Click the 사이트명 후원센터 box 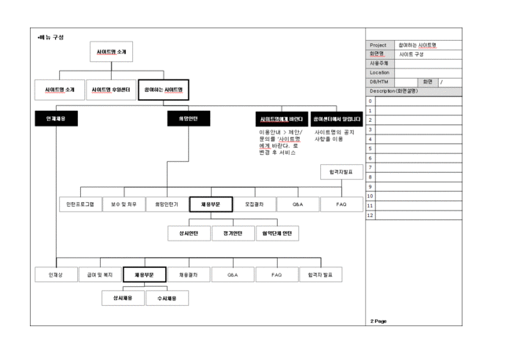[x=110, y=90]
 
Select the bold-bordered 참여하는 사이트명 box [x=163, y=90]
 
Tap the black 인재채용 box [x=56, y=119]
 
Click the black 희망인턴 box [x=189, y=119]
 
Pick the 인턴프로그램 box [x=78, y=204]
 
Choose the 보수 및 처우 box [x=123, y=204]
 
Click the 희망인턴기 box [x=167, y=204]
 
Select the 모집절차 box [x=255, y=204]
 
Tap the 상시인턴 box [x=189, y=233]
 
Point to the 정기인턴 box [x=233, y=233]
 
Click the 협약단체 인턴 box [x=277, y=233]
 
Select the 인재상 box [x=56, y=276]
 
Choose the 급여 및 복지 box [x=100, y=276]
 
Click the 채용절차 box [x=189, y=276]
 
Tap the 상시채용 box [x=122, y=299]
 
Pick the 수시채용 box [x=167, y=299]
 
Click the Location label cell [x=380, y=72]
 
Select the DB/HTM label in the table [x=380, y=82]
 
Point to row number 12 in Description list [x=370, y=215]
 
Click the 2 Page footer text [x=378, y=321]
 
